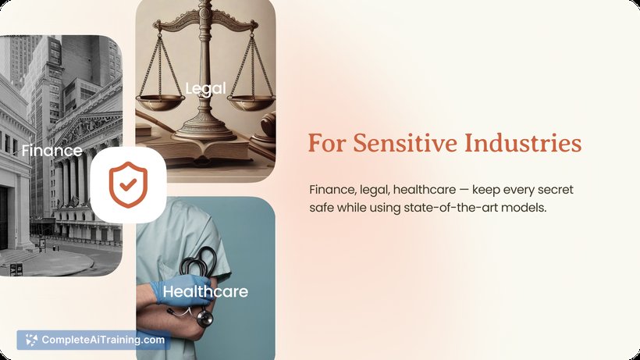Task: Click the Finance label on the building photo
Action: tap(52, 151)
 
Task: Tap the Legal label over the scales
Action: tap(205, 88)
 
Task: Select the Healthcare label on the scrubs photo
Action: tap(205, 291)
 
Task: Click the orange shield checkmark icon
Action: tap(128, 185)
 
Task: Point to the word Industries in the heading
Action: tap(523, 143)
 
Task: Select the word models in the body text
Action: tap(524, 208)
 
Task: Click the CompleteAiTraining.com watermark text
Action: tap(103, 340)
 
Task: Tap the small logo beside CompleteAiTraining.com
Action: tap(31, 340)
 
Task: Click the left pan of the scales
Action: tap(160, 102)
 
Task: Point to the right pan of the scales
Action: tap(251, 102)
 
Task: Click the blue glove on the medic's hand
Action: tap(182, 290)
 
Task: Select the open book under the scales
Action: tap(204, 150)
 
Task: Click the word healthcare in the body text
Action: tap(425, 190)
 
